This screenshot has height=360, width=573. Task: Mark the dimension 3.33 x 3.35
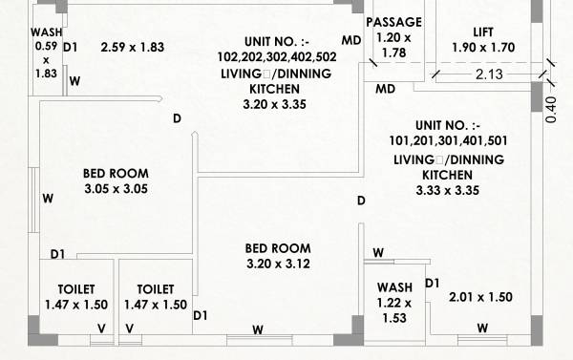point(447,191)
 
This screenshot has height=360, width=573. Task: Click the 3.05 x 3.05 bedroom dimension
point(116,189)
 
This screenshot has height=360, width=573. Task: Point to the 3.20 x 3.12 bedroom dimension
point(277,264)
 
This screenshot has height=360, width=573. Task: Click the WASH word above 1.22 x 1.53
point(394,287)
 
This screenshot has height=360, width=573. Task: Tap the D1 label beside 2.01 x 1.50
point(432,284)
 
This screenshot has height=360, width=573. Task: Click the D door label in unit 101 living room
point(361,201)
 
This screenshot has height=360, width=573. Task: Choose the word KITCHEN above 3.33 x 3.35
point(447,176)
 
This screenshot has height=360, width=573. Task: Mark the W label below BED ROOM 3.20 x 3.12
point(258,329)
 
